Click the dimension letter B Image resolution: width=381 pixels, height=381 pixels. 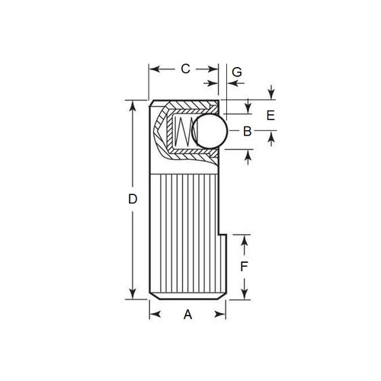tap(246, 131)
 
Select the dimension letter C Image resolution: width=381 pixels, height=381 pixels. tap(184, 69)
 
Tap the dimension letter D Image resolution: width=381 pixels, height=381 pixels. tap(131, 200)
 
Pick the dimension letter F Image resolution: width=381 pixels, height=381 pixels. tap(244, 267)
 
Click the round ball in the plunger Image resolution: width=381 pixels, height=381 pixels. tap(210, 131)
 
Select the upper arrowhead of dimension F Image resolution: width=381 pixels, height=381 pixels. tap(244, 239)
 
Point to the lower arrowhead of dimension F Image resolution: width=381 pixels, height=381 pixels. tap(244, 296)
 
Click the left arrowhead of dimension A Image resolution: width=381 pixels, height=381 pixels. tap(152, 313)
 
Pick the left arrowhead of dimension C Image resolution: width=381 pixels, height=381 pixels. tap(152, 69)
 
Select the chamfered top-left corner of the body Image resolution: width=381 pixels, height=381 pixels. tap(152, 104)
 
